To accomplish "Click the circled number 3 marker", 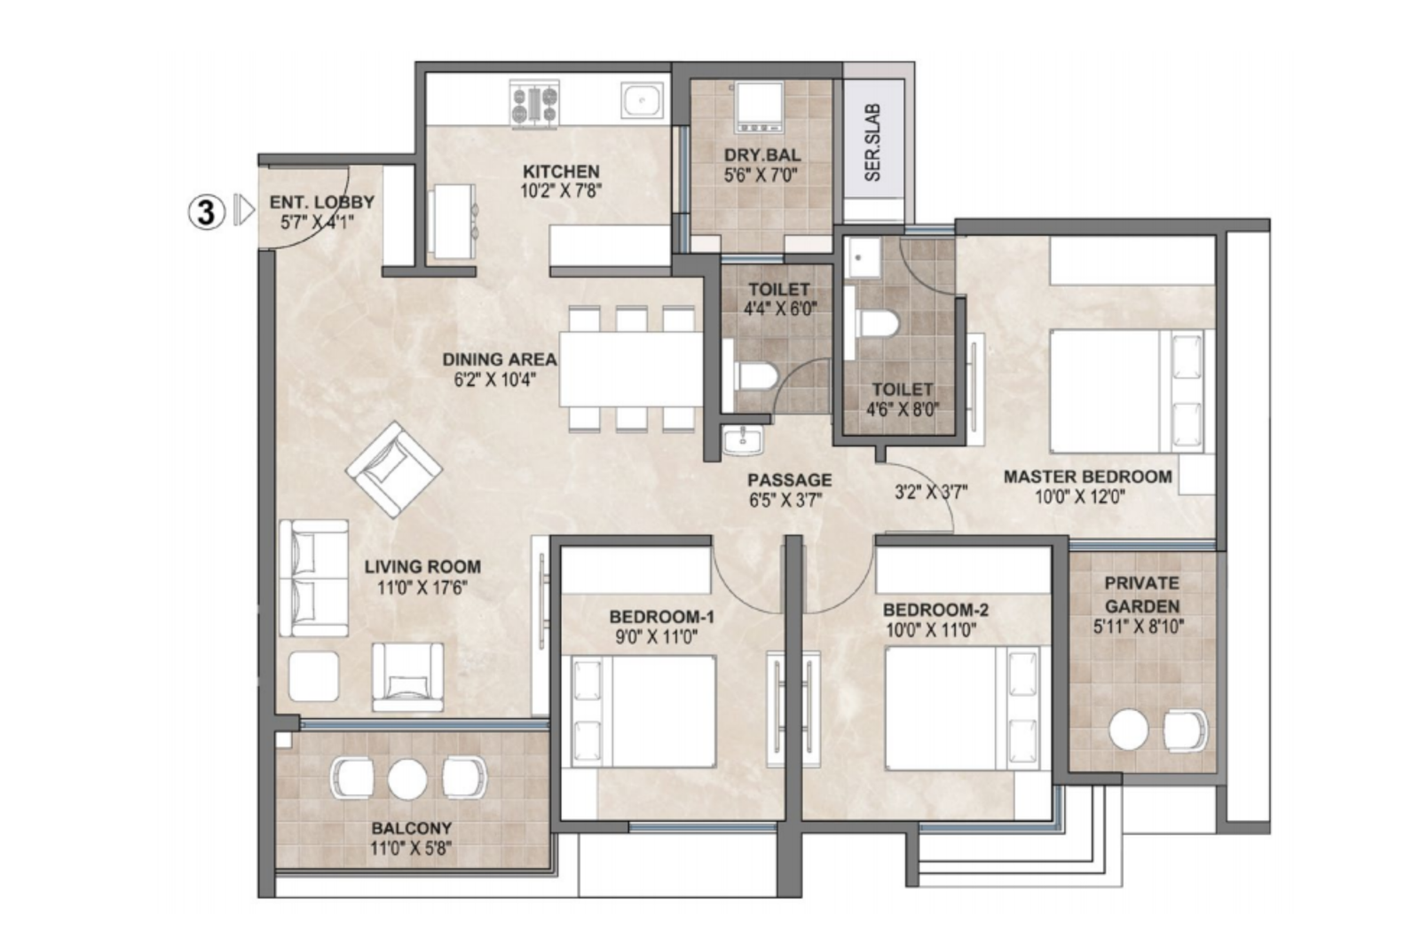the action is click(x=207, y=212).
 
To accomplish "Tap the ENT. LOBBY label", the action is click(x=321, y=202).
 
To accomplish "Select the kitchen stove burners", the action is click(x=535, y=105).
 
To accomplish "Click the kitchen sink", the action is click(x=642, y=101).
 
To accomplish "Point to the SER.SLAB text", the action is click(x=873, y=143).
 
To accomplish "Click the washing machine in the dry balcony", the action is click(x=758, y=107).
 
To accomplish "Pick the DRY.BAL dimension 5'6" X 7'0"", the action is click(x=761, y=176).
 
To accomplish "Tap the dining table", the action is click(x=631, y=368).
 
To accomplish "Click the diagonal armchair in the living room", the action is click(x=394, y=470).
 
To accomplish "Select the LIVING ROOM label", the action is click(x=422, y=566).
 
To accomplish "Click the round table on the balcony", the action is click(x=407, y=779).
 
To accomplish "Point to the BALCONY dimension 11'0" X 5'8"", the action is click(x=412, y=848).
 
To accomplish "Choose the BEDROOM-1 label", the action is click(x=661, y=617).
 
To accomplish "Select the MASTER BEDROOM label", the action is click(x=1088, y=477).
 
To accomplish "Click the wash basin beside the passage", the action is click(x=743, y=440).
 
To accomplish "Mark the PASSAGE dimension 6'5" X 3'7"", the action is click(x=785, y=500).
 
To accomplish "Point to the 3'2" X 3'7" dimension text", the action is click(x=931, y=491).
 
